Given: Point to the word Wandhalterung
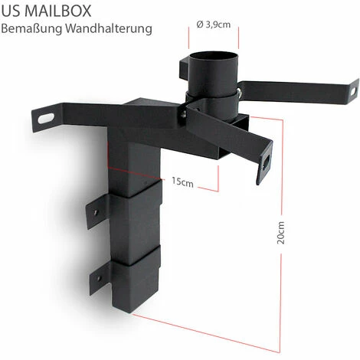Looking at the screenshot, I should (114, 29).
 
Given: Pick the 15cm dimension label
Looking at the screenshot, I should (182, 182).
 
